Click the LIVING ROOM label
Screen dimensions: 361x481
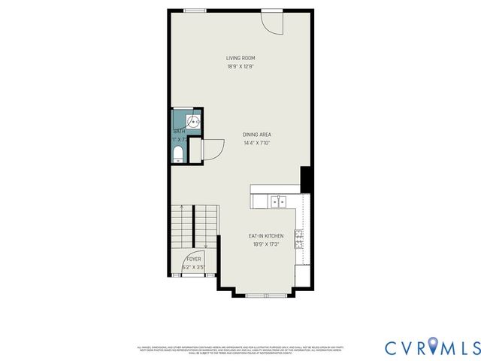tap(240, 58)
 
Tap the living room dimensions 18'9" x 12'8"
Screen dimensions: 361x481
tap(240, 66)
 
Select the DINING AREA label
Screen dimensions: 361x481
tap(256, 135)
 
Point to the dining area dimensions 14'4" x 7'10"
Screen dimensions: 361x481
tap(256, 143)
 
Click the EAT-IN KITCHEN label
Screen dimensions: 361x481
tap(266, 236)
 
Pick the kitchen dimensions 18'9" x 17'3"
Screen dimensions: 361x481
tap(266, 244)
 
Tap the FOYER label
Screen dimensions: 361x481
tap(194, 259)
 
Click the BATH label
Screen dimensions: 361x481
tap(179, 132)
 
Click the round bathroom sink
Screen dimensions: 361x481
tap(193, 120)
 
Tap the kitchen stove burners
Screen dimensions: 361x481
tap(300, 240)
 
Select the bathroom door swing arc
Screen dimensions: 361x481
tap(213, 150)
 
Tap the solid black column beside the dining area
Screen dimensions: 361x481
tap(306, 179)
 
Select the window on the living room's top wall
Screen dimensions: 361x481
tap(195, 11)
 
